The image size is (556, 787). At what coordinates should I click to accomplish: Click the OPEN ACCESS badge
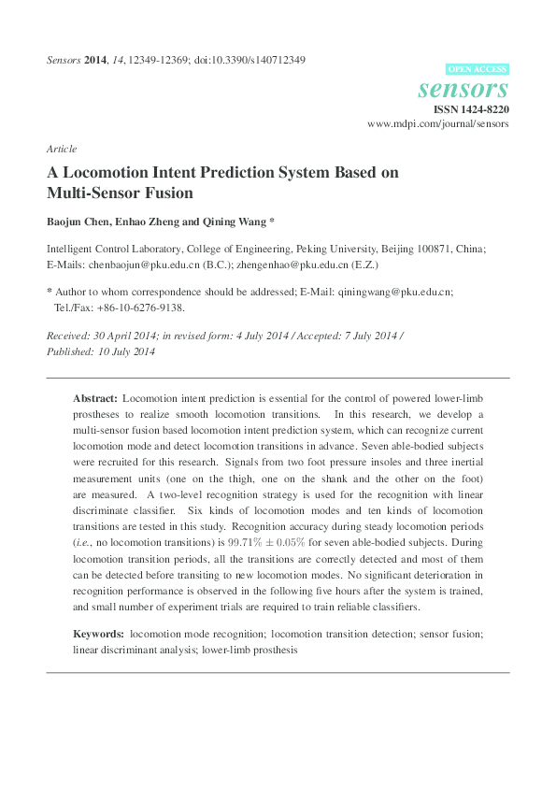(x=478, y=69)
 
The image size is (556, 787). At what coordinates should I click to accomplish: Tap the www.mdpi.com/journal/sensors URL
(x=438, y=123)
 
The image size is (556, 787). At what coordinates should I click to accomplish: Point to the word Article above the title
(x=61, y=149)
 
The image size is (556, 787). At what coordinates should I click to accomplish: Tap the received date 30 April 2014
(x=123, y=336)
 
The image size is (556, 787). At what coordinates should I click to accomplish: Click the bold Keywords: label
(x=99, y=634)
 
